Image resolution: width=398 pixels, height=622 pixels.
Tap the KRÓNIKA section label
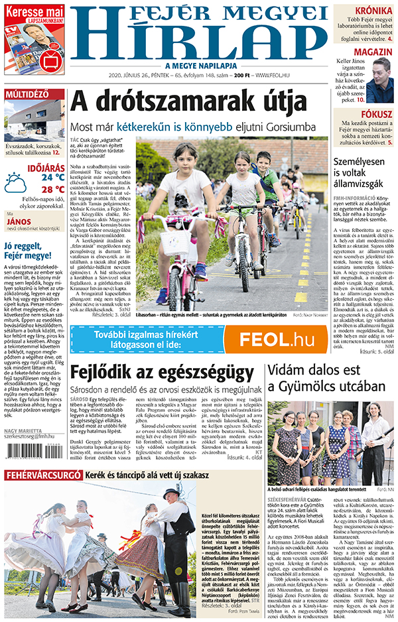click(x=373, y=11)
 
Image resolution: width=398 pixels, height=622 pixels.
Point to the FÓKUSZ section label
click(x=376, y=114)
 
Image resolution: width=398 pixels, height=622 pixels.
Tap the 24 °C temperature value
click(x=52, y=177)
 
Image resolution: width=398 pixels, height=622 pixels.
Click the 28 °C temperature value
click(x=52, y=188)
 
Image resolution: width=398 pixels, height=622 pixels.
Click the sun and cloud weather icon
click(x=16, y=183)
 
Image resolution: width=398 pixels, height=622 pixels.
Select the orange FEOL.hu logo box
click(x=276, y=340)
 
